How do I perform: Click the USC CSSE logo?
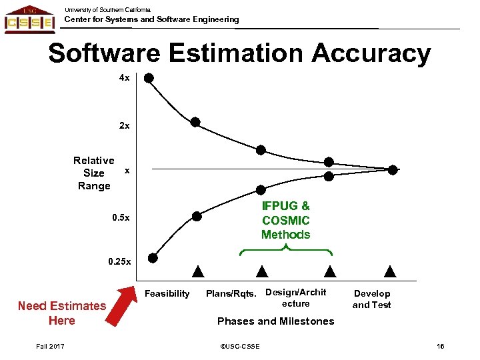coord(29,19)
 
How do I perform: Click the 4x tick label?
coord(125,78)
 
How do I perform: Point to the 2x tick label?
coord(125,125)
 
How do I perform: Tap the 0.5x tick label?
coord(120,218)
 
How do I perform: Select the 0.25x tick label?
coord(120,262)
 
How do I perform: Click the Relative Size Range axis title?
coord(94,173)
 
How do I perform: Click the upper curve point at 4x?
coord(149,78)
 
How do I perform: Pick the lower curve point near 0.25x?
coord(153,258)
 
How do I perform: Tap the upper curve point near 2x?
coord(195,122)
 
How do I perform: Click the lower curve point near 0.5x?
coord(197,216)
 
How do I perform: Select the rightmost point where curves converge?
coord(393,170)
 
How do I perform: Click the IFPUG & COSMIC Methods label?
coord(285,220)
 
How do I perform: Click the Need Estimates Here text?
coord(62,313)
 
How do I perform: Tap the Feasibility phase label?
coord(167,293)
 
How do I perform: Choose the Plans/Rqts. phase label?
coord(232,293)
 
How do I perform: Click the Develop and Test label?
coord(371,299)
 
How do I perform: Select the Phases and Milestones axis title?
coord(276,321)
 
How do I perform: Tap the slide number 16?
coord(440,346)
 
